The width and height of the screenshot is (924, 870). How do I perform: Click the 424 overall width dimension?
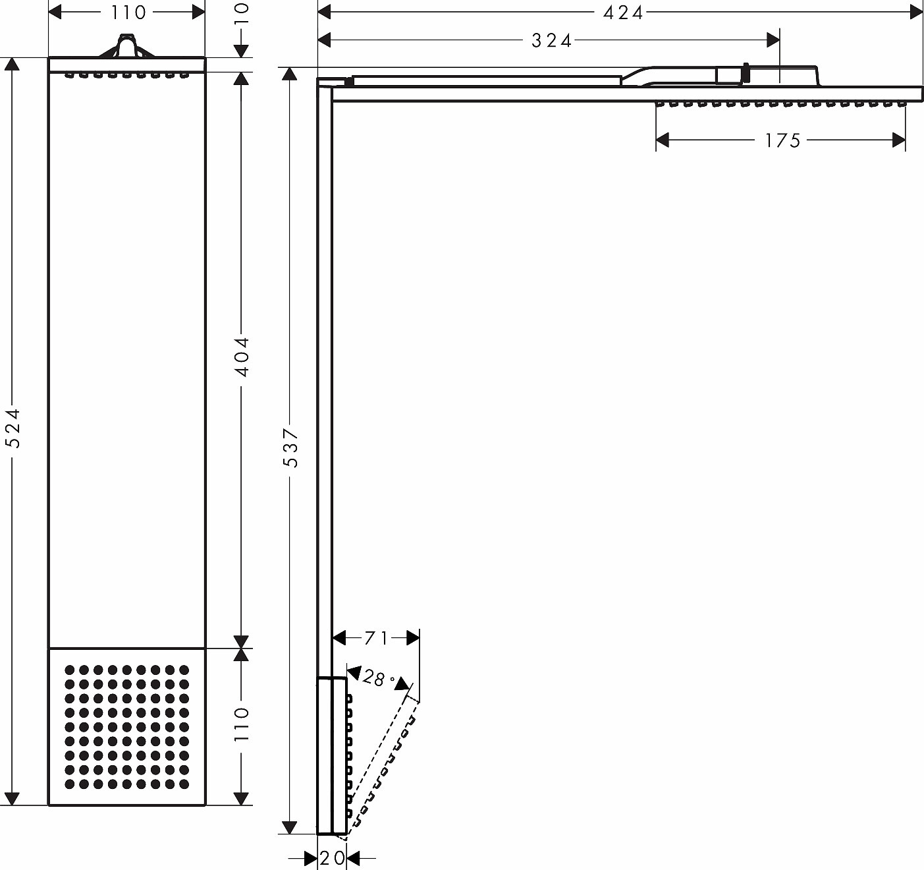[623, 13]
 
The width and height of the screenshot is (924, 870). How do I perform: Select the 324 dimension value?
[551, 41]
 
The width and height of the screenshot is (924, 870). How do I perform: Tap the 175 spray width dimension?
[782, 140]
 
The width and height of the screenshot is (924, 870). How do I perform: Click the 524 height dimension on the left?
[13, 428]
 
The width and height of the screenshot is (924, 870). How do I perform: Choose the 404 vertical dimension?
[242, 357]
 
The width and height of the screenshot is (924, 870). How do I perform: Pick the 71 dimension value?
[376, 638]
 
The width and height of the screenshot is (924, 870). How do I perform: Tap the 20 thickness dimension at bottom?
[332, 858]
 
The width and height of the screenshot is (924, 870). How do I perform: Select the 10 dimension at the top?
[242, 13]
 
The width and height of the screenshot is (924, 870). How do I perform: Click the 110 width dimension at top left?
[128, 13]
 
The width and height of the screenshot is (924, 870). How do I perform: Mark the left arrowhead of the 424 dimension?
[324, 13]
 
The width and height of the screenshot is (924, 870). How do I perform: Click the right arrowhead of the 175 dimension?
[899, 140]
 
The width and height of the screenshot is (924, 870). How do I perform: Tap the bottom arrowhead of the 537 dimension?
[290, 827]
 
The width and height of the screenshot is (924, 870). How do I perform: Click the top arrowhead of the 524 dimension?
[12, 65]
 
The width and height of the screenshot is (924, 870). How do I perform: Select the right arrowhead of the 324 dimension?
[773, 40]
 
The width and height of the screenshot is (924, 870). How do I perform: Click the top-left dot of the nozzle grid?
[69, 670]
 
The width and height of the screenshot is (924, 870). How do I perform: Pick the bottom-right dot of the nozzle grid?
[184, 784]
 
